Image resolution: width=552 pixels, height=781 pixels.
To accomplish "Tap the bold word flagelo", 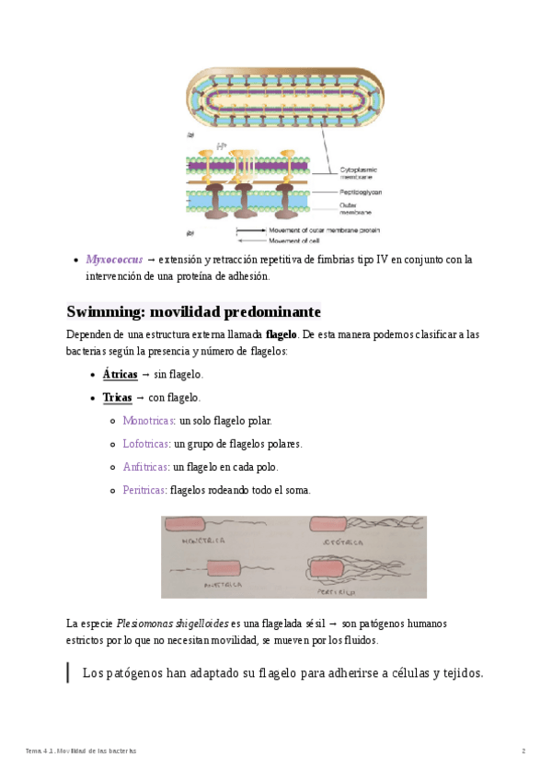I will [x=281, y=334].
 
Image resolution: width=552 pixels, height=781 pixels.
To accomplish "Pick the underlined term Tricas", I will [x=117, y=398].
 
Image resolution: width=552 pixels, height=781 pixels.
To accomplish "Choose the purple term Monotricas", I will [x=148, y=421].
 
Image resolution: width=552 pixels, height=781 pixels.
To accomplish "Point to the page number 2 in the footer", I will [x=523, y=752].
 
